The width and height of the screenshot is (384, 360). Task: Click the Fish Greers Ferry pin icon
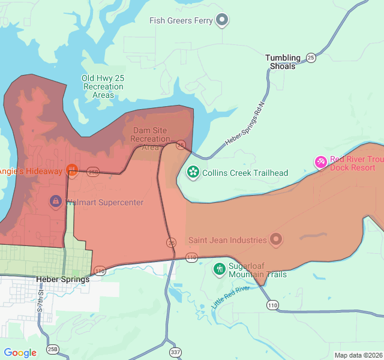[x=223, y=20]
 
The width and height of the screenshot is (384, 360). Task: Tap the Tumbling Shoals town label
[x=283, y=62]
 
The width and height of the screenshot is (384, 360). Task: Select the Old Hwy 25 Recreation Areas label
[x=103, y=86]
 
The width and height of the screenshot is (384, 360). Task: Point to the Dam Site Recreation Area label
[x=150, y=139]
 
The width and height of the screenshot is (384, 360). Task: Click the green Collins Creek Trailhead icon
[x=193, y=173]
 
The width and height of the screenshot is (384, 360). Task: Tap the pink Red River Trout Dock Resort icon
[x=321, y=162]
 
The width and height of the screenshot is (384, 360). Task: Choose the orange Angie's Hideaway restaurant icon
[x=72, y=170]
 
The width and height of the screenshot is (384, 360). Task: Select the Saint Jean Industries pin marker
[x=276, y=240]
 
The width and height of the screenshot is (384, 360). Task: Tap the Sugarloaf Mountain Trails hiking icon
[x=220, y=268]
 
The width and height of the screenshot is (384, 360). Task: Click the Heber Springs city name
[x=62, y=279]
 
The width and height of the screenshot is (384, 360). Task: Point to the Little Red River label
[x=230, y=297]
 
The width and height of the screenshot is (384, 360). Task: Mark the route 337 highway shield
[x=175, y=352]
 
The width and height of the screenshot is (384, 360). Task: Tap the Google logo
[x=20, y=353]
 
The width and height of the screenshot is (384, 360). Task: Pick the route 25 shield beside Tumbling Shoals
[x=310, y=58]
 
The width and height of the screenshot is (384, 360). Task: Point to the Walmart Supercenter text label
[x=105, y=202]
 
